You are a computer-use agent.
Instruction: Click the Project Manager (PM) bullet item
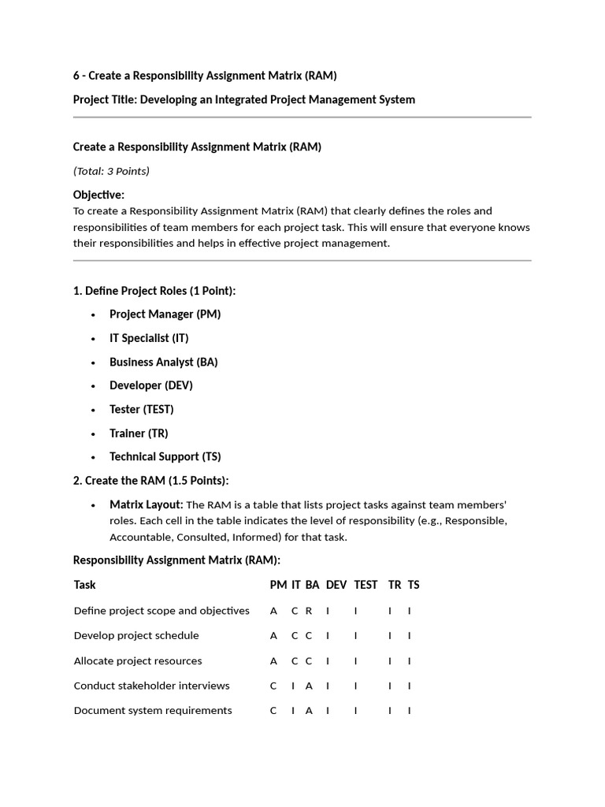click(165, 314)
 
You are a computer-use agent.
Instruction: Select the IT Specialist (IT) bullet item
click(149, 338)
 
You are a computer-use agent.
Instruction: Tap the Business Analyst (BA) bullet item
click(163, 362)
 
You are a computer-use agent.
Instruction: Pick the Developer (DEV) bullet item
click(150, 385)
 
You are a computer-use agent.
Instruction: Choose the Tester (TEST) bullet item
click(141, 409)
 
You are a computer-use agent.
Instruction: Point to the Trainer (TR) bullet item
click(139, 433)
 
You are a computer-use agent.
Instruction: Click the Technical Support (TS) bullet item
click(165, 456)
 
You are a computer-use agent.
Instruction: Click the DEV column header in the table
click(336, 585)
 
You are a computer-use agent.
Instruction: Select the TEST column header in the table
click(366, 585)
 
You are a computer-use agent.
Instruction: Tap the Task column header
click(84, 585)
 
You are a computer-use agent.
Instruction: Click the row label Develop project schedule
click(136, 635)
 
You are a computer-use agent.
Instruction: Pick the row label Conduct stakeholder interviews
click(151, 686)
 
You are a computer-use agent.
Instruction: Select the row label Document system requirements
click(153, 710)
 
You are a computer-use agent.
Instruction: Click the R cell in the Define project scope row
click(309, 611)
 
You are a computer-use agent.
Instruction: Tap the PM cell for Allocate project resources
click(273, 660)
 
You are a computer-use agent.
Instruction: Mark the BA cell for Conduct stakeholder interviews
click(309, 686)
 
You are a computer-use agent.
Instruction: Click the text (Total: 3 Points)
click(111, 171)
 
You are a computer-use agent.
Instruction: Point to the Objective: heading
click(98, 195)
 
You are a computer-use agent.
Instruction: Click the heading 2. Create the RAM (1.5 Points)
click(150, 480)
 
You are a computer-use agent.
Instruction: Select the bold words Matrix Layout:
click(146, 504)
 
